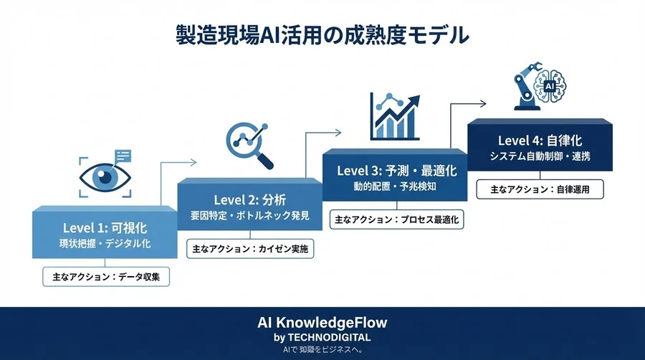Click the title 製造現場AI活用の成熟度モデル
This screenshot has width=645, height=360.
322,34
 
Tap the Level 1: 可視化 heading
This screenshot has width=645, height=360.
105,228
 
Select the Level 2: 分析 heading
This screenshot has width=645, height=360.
250,199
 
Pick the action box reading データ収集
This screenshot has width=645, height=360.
105,275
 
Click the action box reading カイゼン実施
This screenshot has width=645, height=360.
250,248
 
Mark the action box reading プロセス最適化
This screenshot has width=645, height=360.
396,218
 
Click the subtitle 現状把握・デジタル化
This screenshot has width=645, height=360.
105,244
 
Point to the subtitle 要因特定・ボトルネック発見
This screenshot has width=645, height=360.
250,214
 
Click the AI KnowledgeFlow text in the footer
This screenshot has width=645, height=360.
322,323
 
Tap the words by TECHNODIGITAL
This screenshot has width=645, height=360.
322,337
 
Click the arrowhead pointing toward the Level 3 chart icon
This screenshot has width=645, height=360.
338,132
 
